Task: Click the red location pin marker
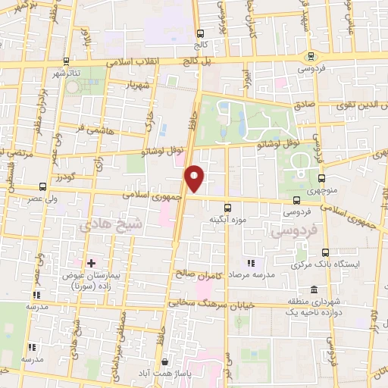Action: click(196, 178)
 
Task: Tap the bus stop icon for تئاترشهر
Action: click(66, 61)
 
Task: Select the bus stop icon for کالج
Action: click(200, 33)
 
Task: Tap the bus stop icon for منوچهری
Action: click(321, 178)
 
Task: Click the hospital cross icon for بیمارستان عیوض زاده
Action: click(91, 263)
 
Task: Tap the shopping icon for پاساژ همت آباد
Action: click(164, 362)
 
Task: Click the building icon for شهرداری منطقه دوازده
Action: click(314, 289)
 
